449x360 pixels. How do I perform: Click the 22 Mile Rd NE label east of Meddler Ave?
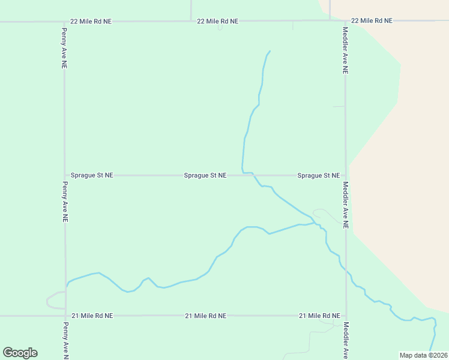coord(372,20)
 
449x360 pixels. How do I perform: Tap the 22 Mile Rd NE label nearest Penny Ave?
coord(91,21)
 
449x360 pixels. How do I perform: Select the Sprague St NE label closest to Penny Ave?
coord(92,175)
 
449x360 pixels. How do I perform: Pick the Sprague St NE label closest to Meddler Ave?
coord(318,175)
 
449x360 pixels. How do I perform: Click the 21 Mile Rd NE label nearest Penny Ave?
coord(92,316)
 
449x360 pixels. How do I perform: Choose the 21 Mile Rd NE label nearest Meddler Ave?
coord(319,316)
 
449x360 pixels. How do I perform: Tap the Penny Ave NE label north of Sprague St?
coord(64,47)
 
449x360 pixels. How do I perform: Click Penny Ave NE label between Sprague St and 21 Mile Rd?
coord(64,202)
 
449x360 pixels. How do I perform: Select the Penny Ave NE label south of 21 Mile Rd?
coord(65,340)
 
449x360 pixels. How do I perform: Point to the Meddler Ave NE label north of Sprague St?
coord(345,50)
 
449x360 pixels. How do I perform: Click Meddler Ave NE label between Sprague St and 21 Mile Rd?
coord(345,205)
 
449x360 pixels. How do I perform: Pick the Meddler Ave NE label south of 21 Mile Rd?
coord(346,340)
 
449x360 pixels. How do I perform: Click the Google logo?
coord(20,353)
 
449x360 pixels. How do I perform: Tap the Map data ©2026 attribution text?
coord(423,355)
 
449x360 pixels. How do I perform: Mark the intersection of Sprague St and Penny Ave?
coord(65,175)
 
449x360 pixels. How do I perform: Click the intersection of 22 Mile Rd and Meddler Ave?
coord(345,21)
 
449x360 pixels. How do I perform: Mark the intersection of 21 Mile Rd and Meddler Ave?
coord(346,316)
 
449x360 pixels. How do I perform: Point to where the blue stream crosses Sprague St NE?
coord(253,175)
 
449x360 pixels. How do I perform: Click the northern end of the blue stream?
coord(270,51)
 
